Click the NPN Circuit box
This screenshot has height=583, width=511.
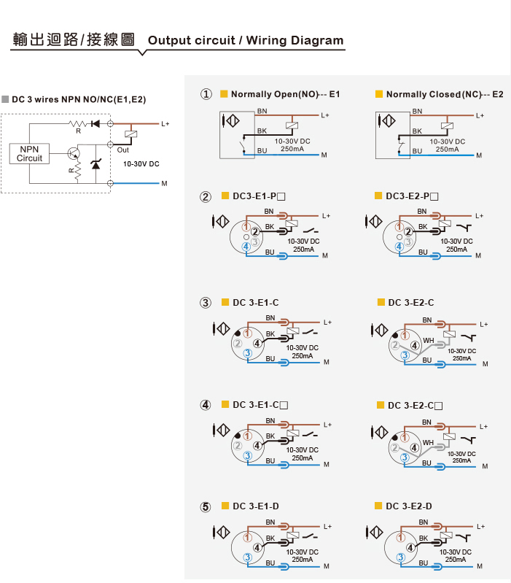(29, 153)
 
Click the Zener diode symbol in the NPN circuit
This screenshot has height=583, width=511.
(95, 163)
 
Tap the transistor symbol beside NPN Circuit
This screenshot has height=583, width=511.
(74, 153)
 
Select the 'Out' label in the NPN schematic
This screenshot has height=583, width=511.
(123, 150)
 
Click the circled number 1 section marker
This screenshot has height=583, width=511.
(206, 94)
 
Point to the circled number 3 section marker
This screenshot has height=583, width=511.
(206, 303)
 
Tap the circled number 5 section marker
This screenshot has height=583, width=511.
(206, 507)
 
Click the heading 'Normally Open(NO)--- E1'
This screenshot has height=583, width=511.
(285, 94)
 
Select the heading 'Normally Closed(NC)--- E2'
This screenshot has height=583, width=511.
(445, 94)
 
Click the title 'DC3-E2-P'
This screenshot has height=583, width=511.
(412, 196)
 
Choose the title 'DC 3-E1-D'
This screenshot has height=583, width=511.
(255, 506)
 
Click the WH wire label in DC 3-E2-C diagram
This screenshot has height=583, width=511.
(428, 340)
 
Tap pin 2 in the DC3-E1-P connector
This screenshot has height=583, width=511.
(254, 231)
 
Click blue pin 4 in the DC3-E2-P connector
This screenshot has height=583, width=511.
(399, 246)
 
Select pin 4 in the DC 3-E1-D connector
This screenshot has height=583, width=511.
(257, 547)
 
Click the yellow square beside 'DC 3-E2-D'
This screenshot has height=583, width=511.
(378, 506)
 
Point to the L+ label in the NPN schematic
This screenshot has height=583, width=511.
(165, 124)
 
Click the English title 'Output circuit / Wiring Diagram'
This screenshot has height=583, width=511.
(246, 40)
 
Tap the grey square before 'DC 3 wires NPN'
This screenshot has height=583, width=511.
(5, 99)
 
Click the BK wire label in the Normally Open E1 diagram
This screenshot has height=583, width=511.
(262, 131)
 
